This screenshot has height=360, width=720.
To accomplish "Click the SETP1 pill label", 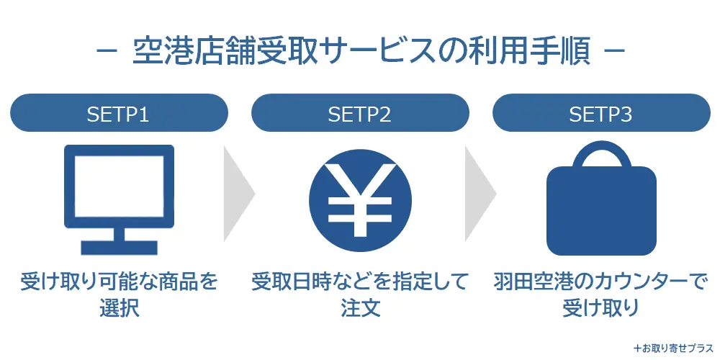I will [x=119, y=114].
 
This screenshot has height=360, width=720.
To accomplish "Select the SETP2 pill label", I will [x=359, y=114].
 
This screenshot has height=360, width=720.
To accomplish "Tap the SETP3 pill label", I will [x=600, y=114].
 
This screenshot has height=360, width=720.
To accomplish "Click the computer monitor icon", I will [x=119, y=198].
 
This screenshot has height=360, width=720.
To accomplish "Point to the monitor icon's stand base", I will [x=119, y=247].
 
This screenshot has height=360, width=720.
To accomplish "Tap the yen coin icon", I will [x=360, y=200].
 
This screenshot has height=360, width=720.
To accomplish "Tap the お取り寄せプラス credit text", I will [x=672, y=347].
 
